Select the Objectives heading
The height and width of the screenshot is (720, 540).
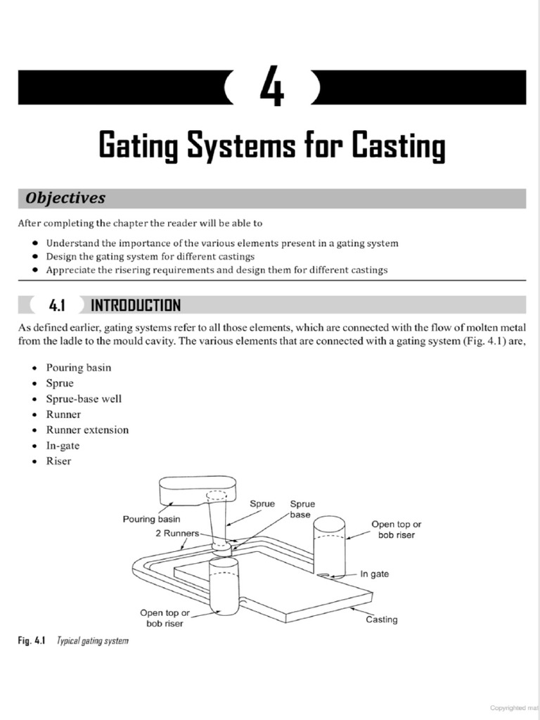65,198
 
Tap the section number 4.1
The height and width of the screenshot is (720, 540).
57,305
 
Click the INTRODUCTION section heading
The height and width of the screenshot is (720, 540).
136,305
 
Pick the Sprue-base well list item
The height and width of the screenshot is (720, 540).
84,399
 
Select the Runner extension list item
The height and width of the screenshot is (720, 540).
87,430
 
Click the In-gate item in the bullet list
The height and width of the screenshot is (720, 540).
63,445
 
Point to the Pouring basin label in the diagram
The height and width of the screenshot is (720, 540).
151,520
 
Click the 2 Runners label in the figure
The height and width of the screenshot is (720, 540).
177,533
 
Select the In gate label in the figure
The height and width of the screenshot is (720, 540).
374,574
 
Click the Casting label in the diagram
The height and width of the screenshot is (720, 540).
381,619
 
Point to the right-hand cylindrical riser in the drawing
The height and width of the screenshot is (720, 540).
328,545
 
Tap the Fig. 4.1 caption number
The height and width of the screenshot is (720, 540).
32,641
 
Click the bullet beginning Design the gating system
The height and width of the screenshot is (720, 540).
150,257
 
